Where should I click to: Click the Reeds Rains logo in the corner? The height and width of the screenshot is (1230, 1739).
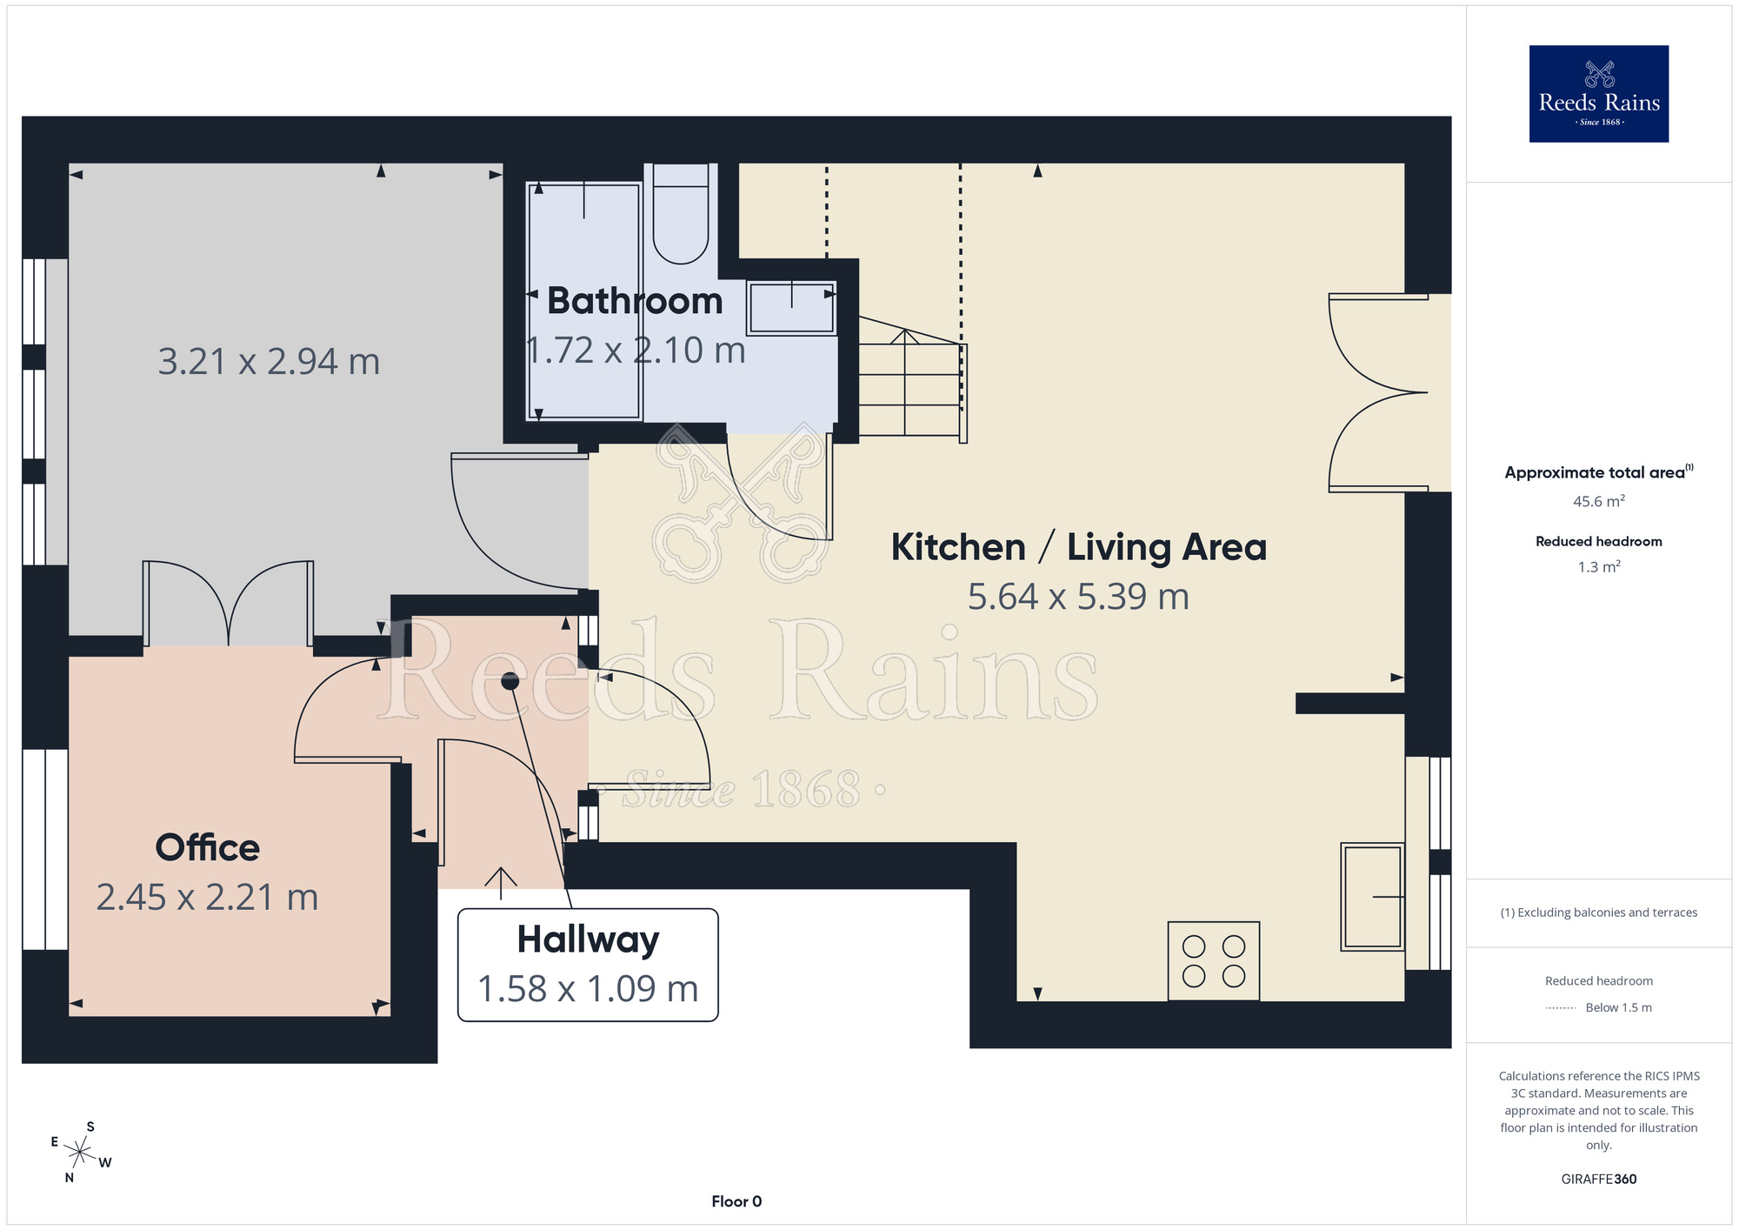point(1598,94)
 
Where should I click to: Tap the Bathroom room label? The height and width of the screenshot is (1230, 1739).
point(635,301)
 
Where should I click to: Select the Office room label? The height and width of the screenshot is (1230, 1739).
point(208,847)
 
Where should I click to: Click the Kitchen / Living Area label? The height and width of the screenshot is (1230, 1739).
point(1079,547)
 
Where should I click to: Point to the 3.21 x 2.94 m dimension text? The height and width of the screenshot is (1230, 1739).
point(269,362)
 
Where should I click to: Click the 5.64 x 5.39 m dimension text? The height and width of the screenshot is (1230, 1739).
point(1078,597)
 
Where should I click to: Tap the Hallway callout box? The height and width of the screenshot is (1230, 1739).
point(588,965)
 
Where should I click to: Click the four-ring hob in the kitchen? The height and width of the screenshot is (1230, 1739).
point(1214,960)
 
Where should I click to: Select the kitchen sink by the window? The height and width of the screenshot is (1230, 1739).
point(1372,896)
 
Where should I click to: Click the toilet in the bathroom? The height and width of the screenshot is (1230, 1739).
point(681,213)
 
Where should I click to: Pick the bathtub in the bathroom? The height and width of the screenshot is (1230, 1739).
point(584,301)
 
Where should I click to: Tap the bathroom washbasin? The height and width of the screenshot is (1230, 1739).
point(791,307)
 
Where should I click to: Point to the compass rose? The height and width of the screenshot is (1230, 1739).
point(80,1153)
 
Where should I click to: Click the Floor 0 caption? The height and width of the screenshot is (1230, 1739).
point(736,1201)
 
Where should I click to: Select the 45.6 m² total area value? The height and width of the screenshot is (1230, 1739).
point(1599,501)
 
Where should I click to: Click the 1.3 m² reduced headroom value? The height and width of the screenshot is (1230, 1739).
point(1599,566)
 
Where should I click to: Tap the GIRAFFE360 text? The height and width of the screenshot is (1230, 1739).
point(1599,1180)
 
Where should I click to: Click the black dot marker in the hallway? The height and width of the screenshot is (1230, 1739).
point(510,681)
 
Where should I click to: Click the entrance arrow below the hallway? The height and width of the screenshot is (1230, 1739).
point(501,883)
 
